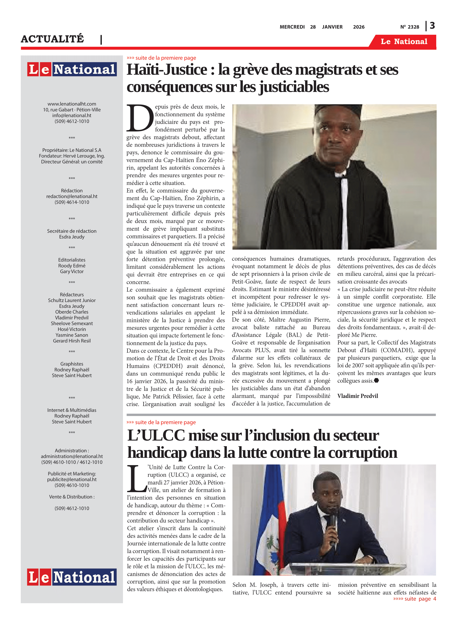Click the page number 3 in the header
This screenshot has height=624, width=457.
pos(432,26)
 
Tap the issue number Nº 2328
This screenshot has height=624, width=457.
pos(409,27)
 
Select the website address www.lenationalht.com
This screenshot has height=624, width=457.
pos(72,104)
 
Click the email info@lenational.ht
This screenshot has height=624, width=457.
pos(72,115)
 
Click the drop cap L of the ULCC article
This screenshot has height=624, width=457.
pos(137,478)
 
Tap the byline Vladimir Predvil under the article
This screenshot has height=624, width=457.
pos(357,396)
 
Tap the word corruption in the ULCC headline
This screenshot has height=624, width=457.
pos(362,453)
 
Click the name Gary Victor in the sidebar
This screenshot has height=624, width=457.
pos(72,271)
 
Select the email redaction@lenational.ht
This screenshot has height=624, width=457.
pos(72,196)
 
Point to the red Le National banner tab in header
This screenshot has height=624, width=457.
pos(404,42)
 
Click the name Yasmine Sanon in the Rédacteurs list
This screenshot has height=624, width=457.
pos(72,335)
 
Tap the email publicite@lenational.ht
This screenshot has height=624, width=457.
pos(72,479)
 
